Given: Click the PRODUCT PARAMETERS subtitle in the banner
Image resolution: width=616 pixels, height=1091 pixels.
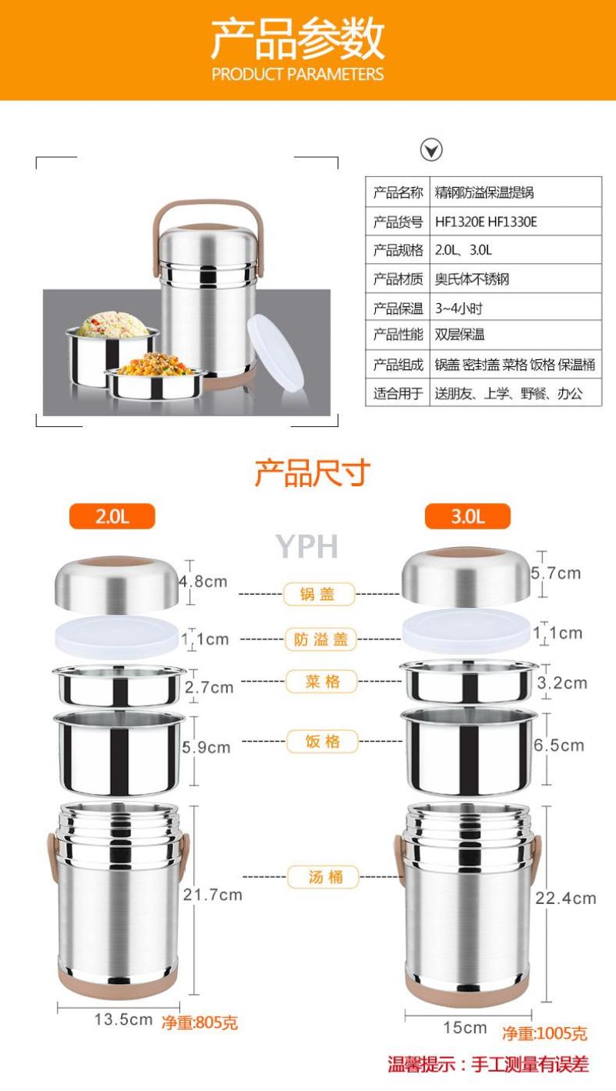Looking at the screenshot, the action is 297,74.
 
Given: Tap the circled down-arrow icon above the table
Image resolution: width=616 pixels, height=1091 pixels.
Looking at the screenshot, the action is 431,149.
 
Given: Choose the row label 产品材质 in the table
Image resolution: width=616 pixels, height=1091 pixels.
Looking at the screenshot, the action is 398,279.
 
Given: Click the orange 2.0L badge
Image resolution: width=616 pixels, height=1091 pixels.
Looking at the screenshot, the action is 112,516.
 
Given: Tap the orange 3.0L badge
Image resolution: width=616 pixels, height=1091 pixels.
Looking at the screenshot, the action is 468,516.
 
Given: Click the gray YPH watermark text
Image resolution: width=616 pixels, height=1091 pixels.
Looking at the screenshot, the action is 307,546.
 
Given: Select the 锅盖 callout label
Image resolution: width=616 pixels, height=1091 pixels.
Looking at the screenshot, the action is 319,594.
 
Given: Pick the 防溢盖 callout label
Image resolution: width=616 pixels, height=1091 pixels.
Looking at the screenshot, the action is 320,639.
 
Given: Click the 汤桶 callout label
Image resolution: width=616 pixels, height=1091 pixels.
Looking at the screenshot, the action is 323,877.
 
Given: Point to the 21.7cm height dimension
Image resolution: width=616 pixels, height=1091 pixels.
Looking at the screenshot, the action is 213,895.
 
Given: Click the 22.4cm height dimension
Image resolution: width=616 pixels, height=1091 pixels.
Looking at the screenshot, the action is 566,898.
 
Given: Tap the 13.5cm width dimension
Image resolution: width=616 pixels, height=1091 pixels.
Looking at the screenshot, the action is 123,1019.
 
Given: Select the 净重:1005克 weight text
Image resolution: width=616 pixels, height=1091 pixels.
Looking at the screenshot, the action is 545,1033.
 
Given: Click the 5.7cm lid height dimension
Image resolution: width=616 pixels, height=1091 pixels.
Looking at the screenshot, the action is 556,573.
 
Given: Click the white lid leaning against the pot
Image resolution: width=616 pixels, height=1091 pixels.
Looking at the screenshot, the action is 276,351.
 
